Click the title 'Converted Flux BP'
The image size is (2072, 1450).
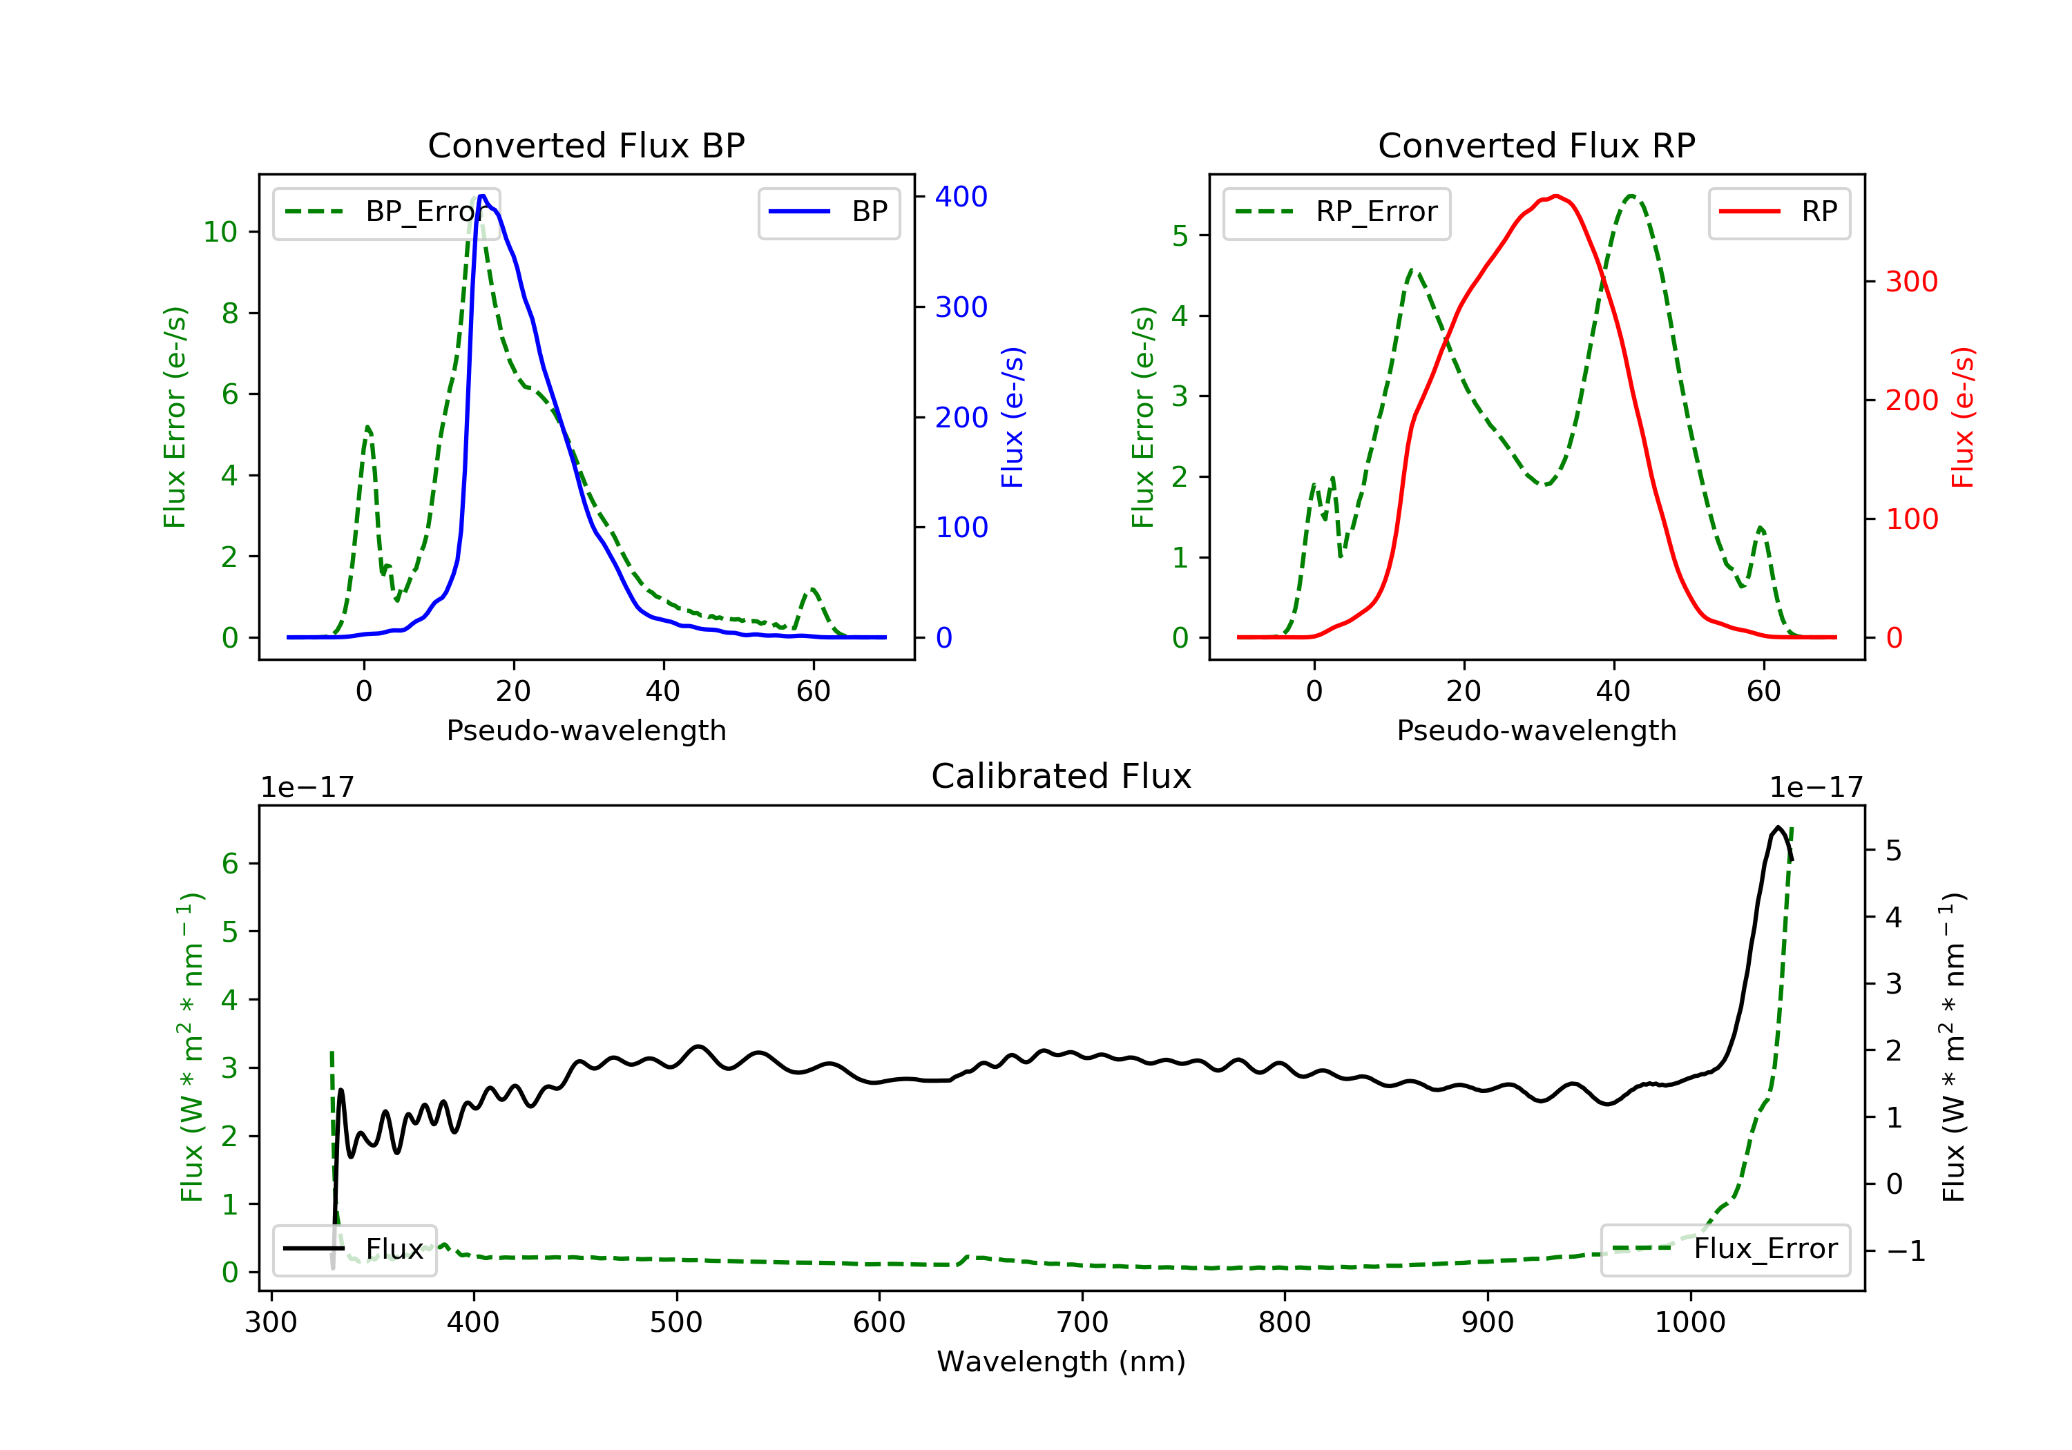pos(586,145)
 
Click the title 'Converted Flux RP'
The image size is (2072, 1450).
pos(1536,145)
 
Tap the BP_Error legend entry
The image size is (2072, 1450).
pos(386,212)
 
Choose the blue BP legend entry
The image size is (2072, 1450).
pos(828,212)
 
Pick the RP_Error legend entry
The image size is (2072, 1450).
pos(1336,212)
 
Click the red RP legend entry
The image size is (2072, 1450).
pos(1778,212)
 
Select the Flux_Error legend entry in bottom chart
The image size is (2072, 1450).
pos(1725,1249)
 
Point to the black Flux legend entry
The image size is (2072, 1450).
pos(355,1249)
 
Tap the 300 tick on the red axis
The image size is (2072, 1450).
pos(1911,282)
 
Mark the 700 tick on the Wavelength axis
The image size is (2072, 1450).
pos(1081,1323)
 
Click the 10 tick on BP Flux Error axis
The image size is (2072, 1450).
pos(220,232)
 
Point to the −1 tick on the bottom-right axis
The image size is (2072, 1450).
pos(1905,1250)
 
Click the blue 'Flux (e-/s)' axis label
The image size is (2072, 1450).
pos(1013,417)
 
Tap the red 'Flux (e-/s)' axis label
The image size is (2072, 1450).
pos(1964,417)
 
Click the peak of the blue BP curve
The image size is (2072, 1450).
pos(483,196)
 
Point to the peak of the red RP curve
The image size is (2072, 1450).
pos(1557,196)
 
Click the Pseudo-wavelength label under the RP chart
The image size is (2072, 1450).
pos(1536,730)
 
